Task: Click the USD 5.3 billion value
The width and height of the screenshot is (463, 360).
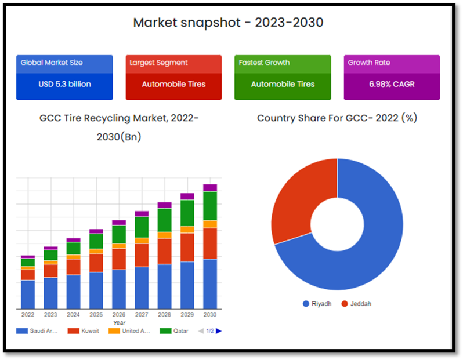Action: (64, 84)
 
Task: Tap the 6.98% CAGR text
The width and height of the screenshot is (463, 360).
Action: (392, 84)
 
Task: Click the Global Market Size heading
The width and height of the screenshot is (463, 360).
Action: (52, 63)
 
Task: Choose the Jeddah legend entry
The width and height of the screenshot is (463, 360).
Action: (357, 304)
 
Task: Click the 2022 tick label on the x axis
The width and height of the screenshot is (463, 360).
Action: (28, 315)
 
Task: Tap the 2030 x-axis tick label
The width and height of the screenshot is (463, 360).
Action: (210, 315)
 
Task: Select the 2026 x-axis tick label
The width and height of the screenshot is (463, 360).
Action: (119, 315)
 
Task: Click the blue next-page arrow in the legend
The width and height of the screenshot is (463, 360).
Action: (219, 331)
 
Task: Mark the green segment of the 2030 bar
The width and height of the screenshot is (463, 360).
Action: (210, 206)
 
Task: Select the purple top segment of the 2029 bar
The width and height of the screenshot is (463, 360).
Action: (187, 197)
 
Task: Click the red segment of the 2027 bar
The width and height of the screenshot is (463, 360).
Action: (142, 255)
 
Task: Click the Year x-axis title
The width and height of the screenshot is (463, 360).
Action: (119, 322)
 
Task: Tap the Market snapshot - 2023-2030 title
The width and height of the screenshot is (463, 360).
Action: (228, 23)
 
